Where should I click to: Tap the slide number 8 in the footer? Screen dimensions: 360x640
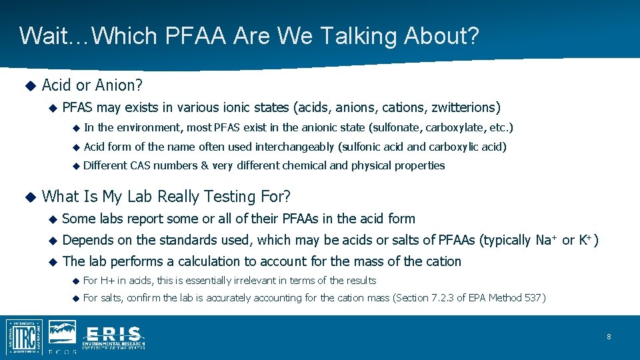pyautogui.click(x=609, y=337)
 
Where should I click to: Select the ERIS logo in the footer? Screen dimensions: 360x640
pyautogui.click(x=113, y=337)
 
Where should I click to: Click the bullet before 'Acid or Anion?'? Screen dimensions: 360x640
pyautogui.click(x=29, y=85)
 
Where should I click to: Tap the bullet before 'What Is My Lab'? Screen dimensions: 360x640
pyautogui.click(x=29, y=197)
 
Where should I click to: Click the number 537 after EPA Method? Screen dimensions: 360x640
pyautogui.click(x=533, y=298)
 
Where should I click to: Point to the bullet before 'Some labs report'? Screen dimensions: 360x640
pyautogui.click(x=52, y=219)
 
